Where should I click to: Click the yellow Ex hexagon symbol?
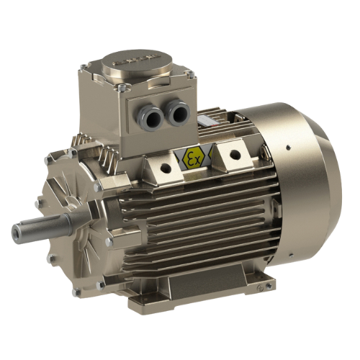193,158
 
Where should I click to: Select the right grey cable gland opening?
179,112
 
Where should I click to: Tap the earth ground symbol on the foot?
259,288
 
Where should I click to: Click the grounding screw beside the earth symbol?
269,285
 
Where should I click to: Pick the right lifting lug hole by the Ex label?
235,153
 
